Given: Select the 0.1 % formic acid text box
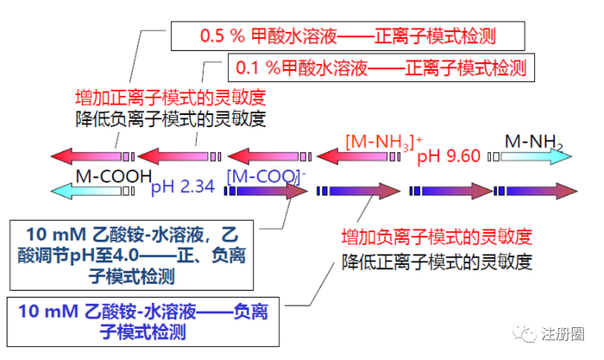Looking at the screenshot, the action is (380, 66).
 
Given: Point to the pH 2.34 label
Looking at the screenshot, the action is (183, 186).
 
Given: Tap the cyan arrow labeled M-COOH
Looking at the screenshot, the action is (90, 189).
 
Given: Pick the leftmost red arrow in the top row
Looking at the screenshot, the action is (86, 156).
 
